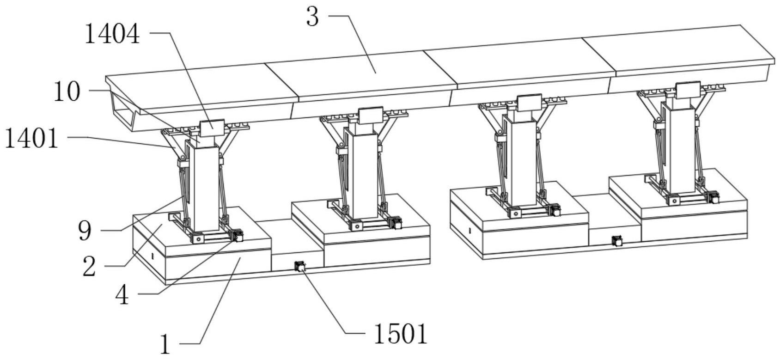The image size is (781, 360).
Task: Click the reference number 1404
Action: pos(112,35)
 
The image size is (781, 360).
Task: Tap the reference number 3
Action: pos(313,17)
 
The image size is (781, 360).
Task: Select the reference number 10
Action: pos(67,92)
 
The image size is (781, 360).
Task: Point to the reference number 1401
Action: pos(32,139)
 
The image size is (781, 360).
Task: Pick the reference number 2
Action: pos(89,267)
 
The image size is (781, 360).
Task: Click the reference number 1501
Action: pos(400,335)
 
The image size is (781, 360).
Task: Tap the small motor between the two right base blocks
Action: pos(616,241)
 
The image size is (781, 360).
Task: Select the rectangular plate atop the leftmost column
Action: pos(212,128)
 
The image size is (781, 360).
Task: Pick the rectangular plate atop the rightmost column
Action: pos(689,90)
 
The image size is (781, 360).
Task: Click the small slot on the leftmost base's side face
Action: pos(152,255)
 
